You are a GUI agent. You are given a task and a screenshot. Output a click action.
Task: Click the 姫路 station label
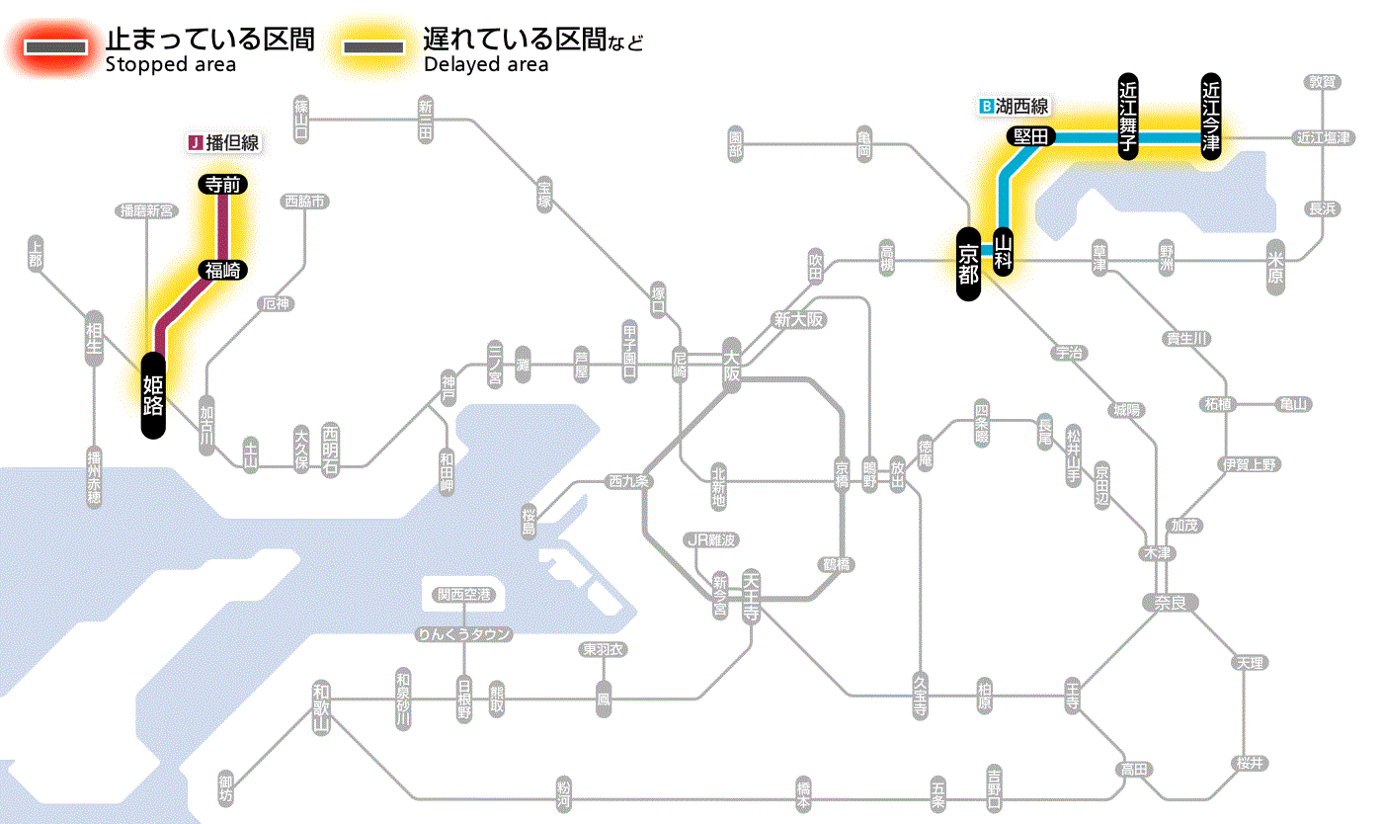click(x=153, y=394)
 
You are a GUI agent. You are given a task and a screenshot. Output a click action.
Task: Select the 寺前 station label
click(x=223, y=184)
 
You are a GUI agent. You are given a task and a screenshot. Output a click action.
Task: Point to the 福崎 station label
click(x=222, y=270)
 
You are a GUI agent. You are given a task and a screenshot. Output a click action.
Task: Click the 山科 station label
click(x=1004, y=253)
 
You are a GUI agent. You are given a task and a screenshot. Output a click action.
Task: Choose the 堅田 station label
click(x=1031, y=137)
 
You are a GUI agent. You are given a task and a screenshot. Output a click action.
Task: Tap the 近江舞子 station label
click(x=1128, y=116)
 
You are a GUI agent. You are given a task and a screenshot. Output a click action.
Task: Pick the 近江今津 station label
click(x=1210, y=116)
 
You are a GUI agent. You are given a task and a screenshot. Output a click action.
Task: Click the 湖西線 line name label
click(x=1021, y=106)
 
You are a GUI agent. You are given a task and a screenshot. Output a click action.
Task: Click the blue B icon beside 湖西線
click(x=985, y=106)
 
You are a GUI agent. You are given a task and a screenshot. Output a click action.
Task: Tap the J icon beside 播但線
click(x=195, y=143)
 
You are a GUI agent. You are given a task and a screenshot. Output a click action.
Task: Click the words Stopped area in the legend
click(x=170, y=65)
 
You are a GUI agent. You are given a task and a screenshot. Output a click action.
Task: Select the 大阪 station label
click(x=732, y=365)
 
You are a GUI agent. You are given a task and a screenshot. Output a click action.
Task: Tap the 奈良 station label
click(x=1169, y=602)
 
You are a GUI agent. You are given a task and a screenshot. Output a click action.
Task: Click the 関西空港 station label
click(x=464, y=595)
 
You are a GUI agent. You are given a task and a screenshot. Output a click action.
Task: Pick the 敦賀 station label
click(x=1322, y=82)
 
